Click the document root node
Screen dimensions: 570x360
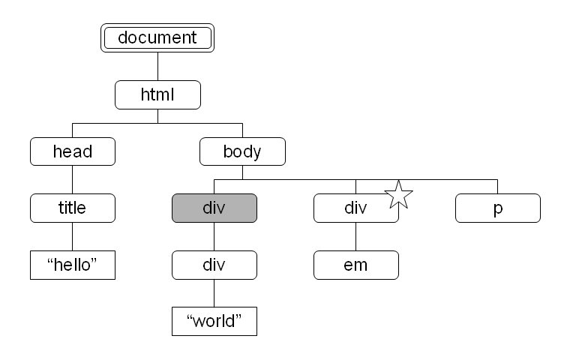tap(157, 37)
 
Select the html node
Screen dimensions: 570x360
tap(157, 95)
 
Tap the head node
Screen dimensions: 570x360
tap(73, 151)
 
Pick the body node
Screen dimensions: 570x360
tap(242, 151)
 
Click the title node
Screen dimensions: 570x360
tap(73, 208)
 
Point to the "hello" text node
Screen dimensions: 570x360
tap(73, 265)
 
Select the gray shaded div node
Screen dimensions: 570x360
tap(214, 208)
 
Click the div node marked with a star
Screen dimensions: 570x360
tap(356, 208)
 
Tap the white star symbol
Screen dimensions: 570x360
tap(398, 195)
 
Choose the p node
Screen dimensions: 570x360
tap(498, 208)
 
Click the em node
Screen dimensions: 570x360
tap(356, 265)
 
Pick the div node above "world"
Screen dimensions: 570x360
tap(214, 265)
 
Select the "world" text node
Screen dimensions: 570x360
tap(214, 322)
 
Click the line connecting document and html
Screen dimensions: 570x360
tap(157, 67)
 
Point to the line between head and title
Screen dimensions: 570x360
tap(72, 180)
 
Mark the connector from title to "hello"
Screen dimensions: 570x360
tap(72, 236)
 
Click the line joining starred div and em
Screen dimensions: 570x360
tap(356, 236)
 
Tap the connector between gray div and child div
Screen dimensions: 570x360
tap(214, 236)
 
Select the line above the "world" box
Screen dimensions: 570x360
tap(214, 293)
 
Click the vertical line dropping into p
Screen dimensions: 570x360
tap(498, 187)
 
